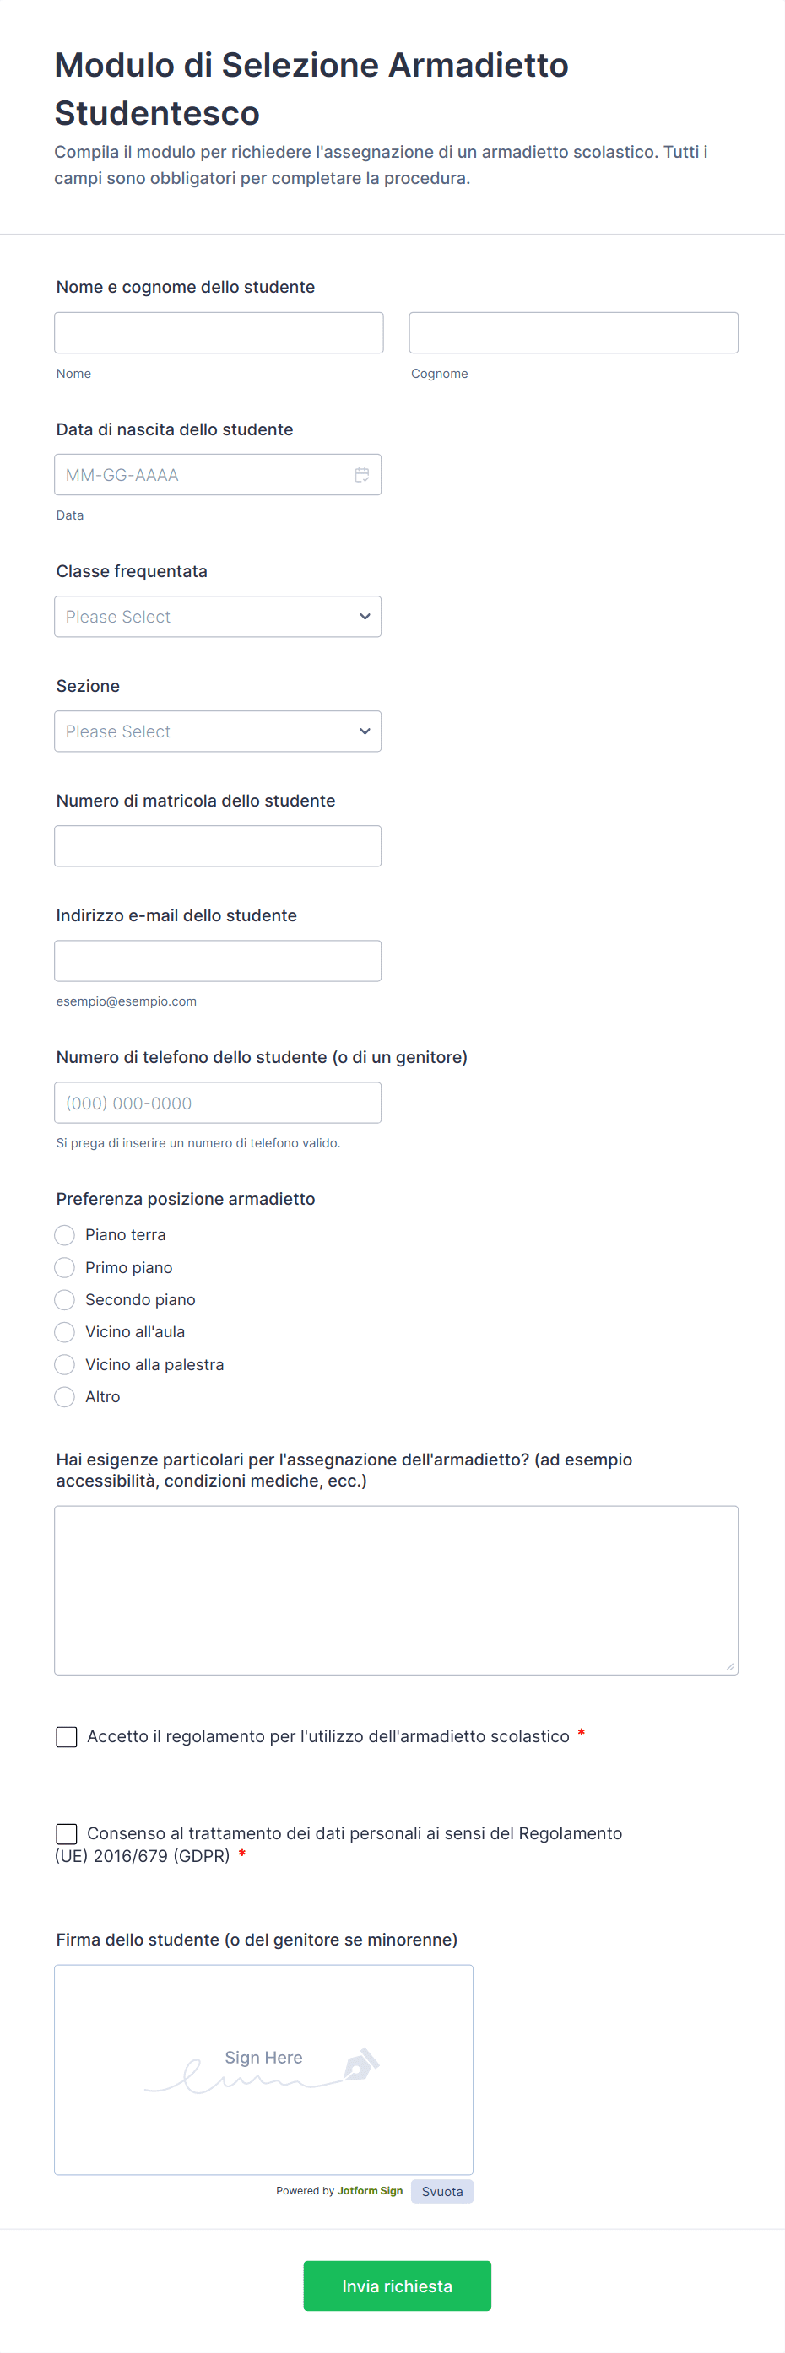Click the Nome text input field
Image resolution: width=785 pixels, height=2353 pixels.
point(219,332)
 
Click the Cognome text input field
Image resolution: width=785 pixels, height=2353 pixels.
point(573,332)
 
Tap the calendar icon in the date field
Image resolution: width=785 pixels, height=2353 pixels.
point(362,475)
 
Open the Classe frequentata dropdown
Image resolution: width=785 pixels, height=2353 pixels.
point(218,617)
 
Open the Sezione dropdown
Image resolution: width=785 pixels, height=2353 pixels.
point(218,731)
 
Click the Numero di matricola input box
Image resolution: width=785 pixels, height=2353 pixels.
point(218,846)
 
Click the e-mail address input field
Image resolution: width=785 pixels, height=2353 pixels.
point(218,961)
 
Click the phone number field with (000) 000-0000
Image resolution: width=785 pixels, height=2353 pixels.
point(218,1103)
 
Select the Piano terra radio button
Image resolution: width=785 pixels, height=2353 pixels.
point(65,1235)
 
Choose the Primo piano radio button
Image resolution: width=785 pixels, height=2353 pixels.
point(65,1268)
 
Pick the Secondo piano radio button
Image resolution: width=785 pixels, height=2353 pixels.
point(65,1300)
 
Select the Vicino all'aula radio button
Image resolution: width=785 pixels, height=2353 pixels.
point(65,1332)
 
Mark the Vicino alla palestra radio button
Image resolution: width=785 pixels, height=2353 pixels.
point(65,1365)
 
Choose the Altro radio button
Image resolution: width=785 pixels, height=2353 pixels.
point(65,1396)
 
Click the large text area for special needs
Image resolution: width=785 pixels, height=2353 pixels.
point(396,1590)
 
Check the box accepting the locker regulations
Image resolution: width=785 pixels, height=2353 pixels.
point(67,1736)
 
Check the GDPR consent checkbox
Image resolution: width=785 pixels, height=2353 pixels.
point(67,1833)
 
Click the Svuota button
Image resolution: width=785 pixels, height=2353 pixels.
point(442,2191)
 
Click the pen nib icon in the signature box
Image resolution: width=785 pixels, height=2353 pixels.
point(361,2064)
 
